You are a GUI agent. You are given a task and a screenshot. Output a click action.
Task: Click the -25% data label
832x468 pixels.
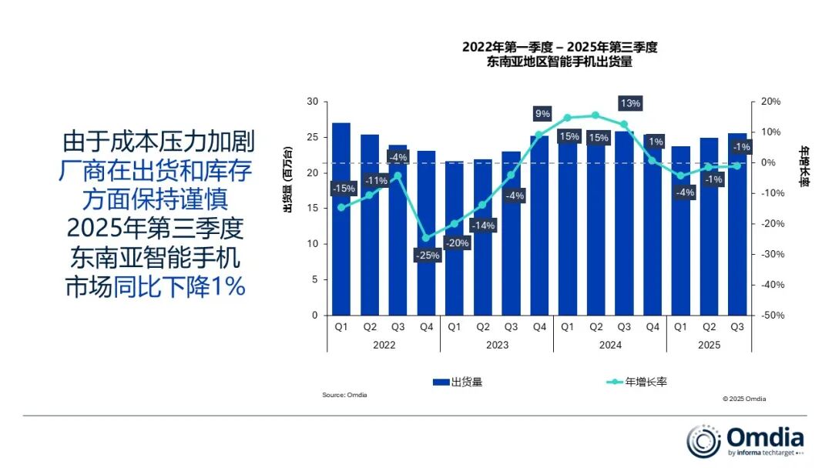[x=427, y=255]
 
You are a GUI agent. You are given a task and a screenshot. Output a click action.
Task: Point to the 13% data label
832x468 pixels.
[x=630, y=103]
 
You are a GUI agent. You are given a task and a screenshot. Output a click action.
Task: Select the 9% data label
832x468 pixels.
[x=542, y=114]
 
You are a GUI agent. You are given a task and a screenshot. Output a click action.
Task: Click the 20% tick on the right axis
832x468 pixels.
[x=771, y=102]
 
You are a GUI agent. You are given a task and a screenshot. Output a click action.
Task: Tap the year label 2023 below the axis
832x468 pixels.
[x=497, y=346]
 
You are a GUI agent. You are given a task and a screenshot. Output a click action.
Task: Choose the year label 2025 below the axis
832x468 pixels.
[x=709, y=346]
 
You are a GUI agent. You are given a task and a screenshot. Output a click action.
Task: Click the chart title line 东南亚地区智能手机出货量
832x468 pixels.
[x=559, y=62]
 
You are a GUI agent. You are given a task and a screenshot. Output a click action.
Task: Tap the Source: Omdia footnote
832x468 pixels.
[x=344, y=395]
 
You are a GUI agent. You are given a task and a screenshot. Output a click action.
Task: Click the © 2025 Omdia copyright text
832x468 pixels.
[x=744, y=399]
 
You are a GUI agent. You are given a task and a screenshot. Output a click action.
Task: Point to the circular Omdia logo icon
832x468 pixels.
[x=703, y=441]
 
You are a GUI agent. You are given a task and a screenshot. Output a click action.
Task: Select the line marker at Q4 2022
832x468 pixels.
[x=426, y=238]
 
